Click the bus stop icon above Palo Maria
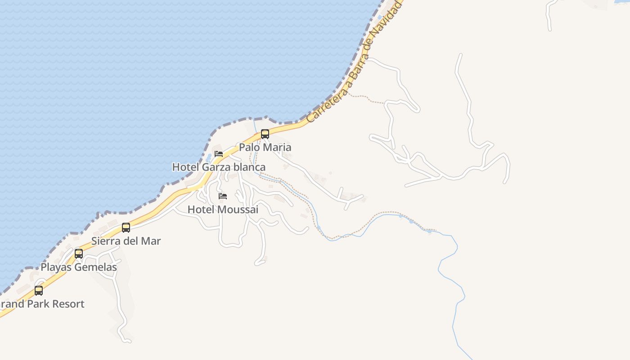[x=265, y=134]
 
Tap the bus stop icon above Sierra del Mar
[x=126, y=228]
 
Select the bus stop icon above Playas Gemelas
[x=79, y=254]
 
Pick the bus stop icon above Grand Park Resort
[x=39, y=291]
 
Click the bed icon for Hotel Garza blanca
[x=219, y=154]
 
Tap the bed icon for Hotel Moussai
[x=223, y=196]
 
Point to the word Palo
[x=249, y=147]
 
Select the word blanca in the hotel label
[x=248, y=167]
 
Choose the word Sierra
[x=107, y=241]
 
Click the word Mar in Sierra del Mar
[x=151, y=241]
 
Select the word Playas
[x=54, y=267]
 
